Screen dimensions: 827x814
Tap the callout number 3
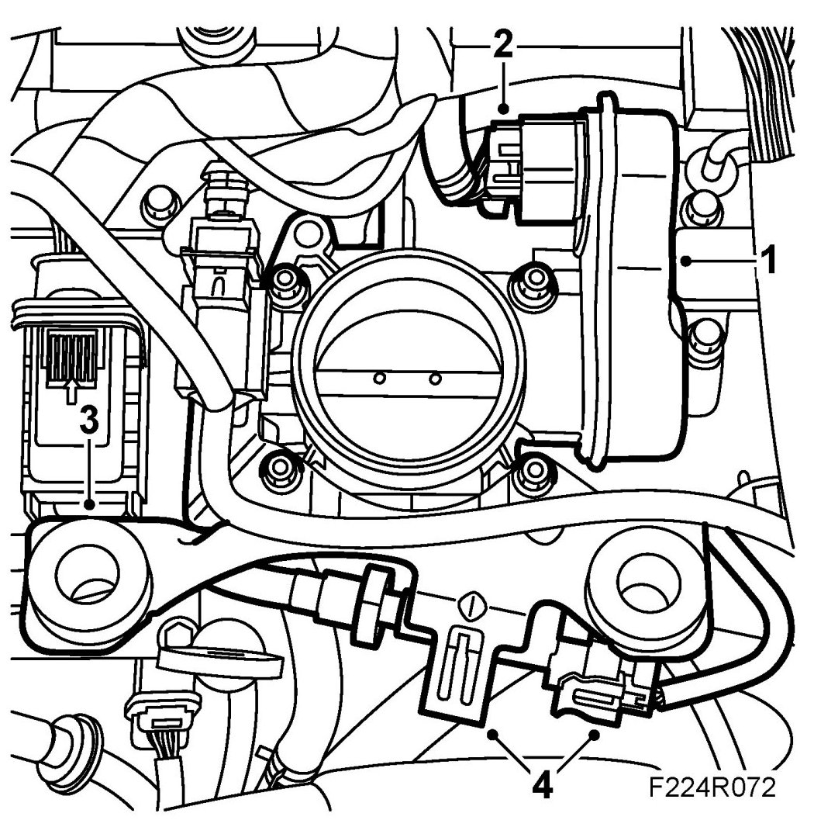[x=90, y=421]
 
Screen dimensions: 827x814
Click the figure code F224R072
[x=712, y=788]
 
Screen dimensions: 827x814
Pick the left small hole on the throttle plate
[x=379, y=378]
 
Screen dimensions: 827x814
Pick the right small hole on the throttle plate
[x=436, y=378]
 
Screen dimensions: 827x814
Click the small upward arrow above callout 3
[x=71, y=388]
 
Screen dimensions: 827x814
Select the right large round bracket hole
[x=647, y=582]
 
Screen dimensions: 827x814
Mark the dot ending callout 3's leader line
[x=91, y=503]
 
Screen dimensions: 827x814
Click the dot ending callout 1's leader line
[x=686, y=262]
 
